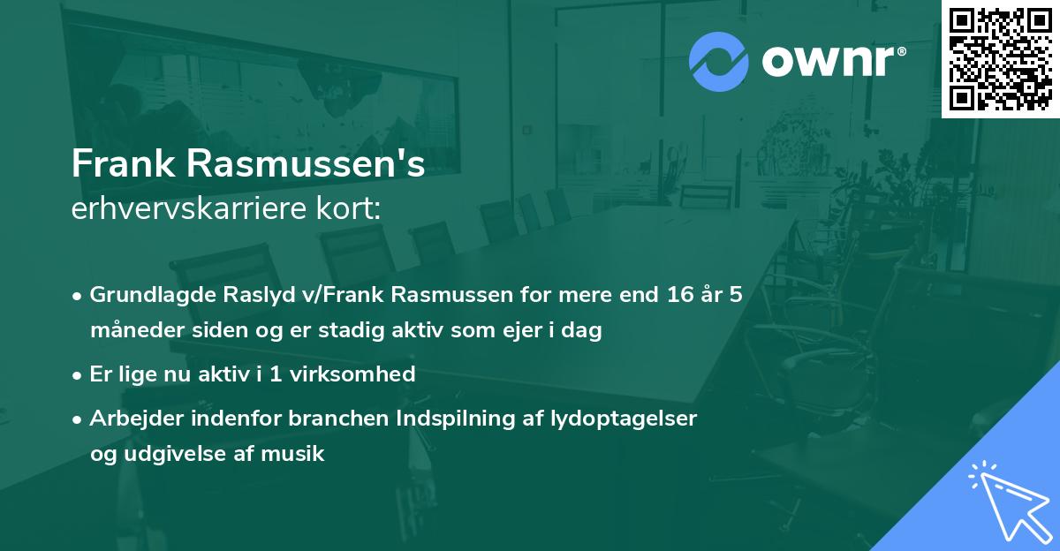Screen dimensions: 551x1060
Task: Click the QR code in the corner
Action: pyautogui.click(x=1000, y=59)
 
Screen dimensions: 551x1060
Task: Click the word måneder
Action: pyautogui.click(x=131, y=331)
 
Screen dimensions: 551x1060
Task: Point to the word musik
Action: pyautogui.click(x=298, y=455)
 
